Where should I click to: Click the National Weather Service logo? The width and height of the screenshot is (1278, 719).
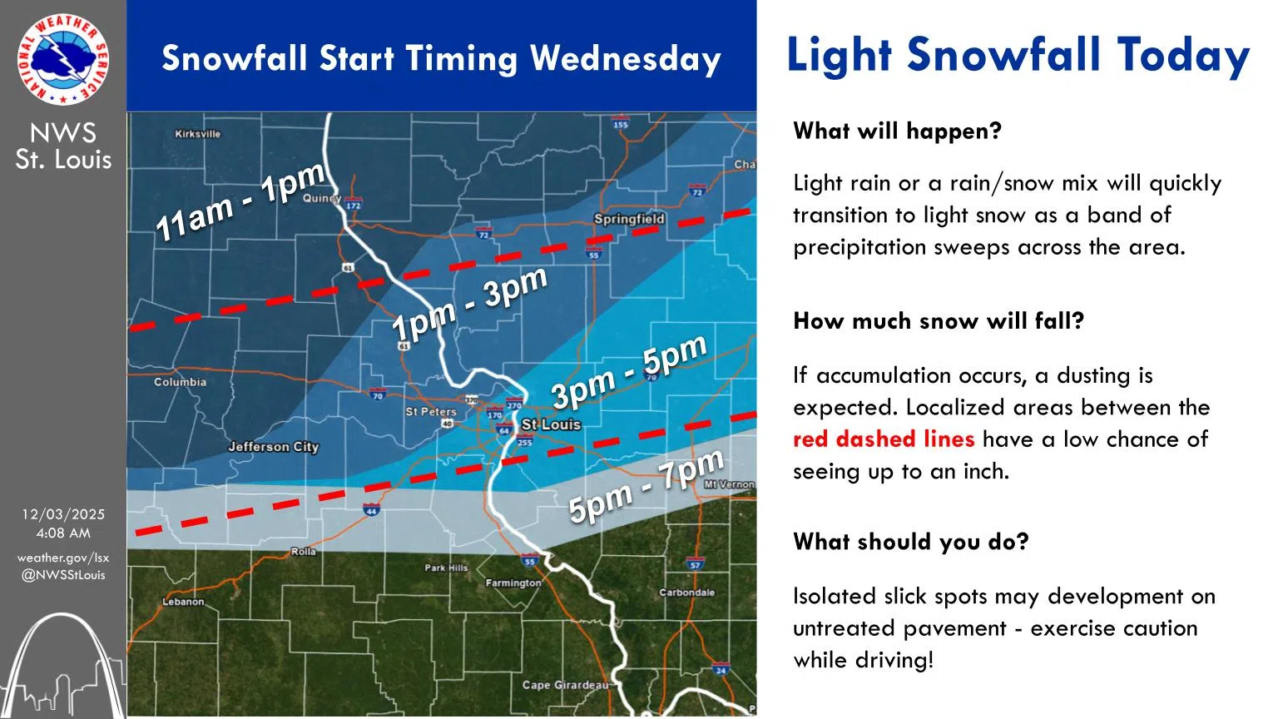62,59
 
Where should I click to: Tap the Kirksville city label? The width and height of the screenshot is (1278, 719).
197,133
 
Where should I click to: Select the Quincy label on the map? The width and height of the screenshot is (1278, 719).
321,198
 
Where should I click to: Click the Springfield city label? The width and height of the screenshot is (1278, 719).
629,219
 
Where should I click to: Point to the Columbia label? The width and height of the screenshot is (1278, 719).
180,382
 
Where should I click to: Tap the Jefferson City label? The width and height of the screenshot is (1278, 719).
273,447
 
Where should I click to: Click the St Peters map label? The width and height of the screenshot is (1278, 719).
430,411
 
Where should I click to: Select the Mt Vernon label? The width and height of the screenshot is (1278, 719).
729,484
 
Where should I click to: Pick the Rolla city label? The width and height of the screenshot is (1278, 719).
303,552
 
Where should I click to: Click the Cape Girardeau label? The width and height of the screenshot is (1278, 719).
565,685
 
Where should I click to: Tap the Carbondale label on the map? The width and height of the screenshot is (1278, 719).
686,593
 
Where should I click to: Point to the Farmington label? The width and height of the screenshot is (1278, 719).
513,583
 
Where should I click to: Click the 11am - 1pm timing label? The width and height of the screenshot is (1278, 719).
240,202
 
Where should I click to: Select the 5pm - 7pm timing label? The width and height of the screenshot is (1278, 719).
646,487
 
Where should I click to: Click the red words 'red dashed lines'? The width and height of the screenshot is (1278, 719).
883,439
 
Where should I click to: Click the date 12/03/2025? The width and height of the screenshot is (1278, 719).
63,514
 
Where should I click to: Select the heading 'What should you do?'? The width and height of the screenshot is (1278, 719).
910,542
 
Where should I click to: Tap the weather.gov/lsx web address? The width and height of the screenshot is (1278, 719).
63,558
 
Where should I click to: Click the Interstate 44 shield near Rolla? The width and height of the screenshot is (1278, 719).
371,509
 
